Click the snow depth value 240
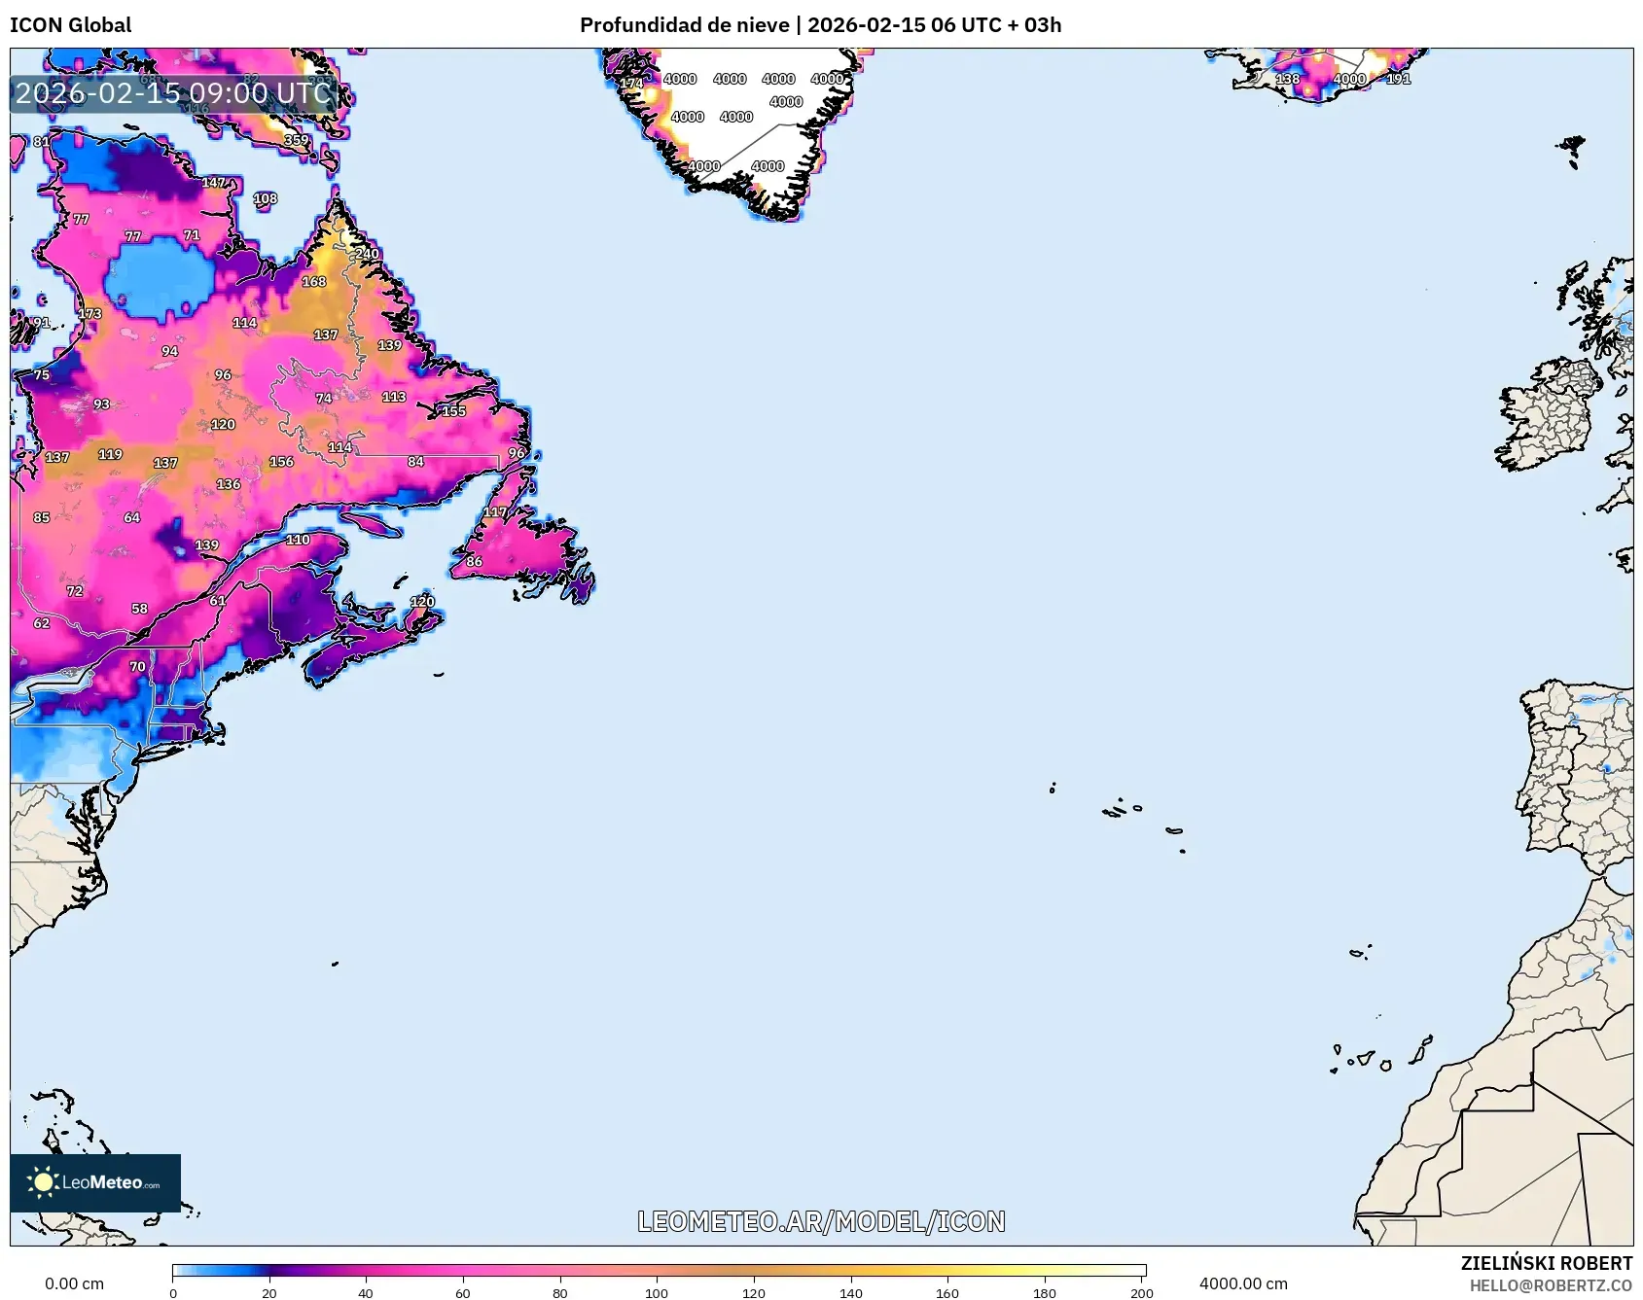pos(367,254)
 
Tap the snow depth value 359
pos(296,140)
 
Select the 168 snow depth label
pos(313,282)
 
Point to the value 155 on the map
pos(453,411)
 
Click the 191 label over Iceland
pos(1398,79)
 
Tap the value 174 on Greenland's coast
pos(631,84)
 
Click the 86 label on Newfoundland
pos(474,561)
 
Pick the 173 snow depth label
pos(89,314)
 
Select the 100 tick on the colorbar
pos(657,1293)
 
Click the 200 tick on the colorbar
pos(1142,1293)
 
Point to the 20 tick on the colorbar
pos(269,1293)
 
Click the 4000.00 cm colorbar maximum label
pos(1243,1283)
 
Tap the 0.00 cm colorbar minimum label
pos(74,1283)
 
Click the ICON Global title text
pos(70,25)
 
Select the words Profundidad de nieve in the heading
pos(684,25)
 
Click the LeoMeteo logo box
pos(95,1182)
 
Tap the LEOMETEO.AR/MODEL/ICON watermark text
pos(821,1221)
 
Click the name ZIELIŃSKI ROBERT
pos(1546,1263)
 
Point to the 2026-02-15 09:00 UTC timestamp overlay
pos(173,93)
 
